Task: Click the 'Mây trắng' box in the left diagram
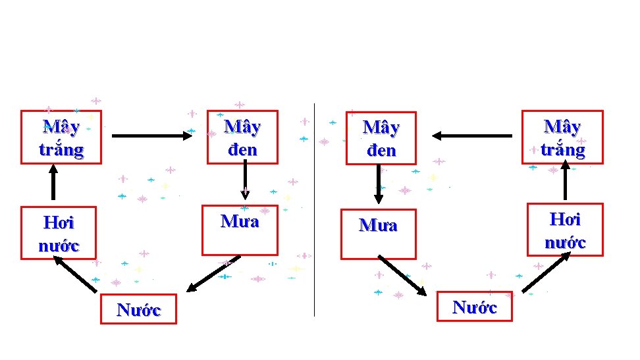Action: (x=61, y=138)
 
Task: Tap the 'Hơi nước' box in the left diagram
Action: (x=59, y=233)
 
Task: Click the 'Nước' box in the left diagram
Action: (x=138, y=309)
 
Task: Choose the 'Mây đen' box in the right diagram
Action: (x=379, y=138)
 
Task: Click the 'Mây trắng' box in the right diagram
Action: (x=562, y=137)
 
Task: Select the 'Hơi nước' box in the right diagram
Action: (x=565, y=229)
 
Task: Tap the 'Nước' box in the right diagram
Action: (x=474, y=306)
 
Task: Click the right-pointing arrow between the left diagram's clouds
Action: (x=150, y=136)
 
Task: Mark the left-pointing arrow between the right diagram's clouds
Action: (x=472, y=136)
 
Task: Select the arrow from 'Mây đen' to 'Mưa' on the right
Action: (x=379, y=184)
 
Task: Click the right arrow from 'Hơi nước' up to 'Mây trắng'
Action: (x=564, y=181)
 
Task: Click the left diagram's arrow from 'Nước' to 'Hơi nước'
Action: (x=75, y=274)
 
